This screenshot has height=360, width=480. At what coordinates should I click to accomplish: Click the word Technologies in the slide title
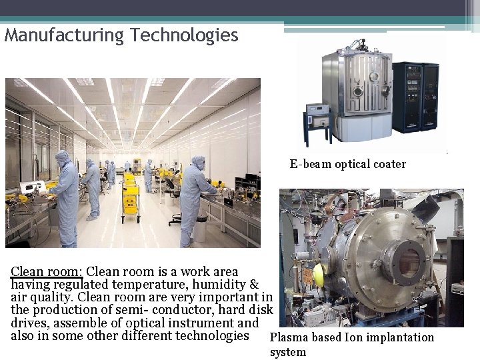(x=185, y=35)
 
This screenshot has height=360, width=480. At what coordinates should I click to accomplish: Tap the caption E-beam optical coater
(x=347, y=164)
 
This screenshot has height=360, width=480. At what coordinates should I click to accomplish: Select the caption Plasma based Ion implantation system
(x=351, y=344)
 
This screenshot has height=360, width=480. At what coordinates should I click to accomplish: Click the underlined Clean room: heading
(x=47, y=272)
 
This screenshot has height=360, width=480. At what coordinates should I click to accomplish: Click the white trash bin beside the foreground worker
(x=199, y=230)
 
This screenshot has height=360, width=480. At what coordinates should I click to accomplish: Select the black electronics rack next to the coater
(x=415, y=97)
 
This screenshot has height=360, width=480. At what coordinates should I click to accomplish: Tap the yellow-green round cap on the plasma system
(x=319, y=273)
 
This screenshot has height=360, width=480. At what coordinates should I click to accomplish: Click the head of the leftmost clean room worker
(x=62, y=158)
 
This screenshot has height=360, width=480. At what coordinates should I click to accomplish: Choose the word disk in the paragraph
(x=260, y=310)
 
